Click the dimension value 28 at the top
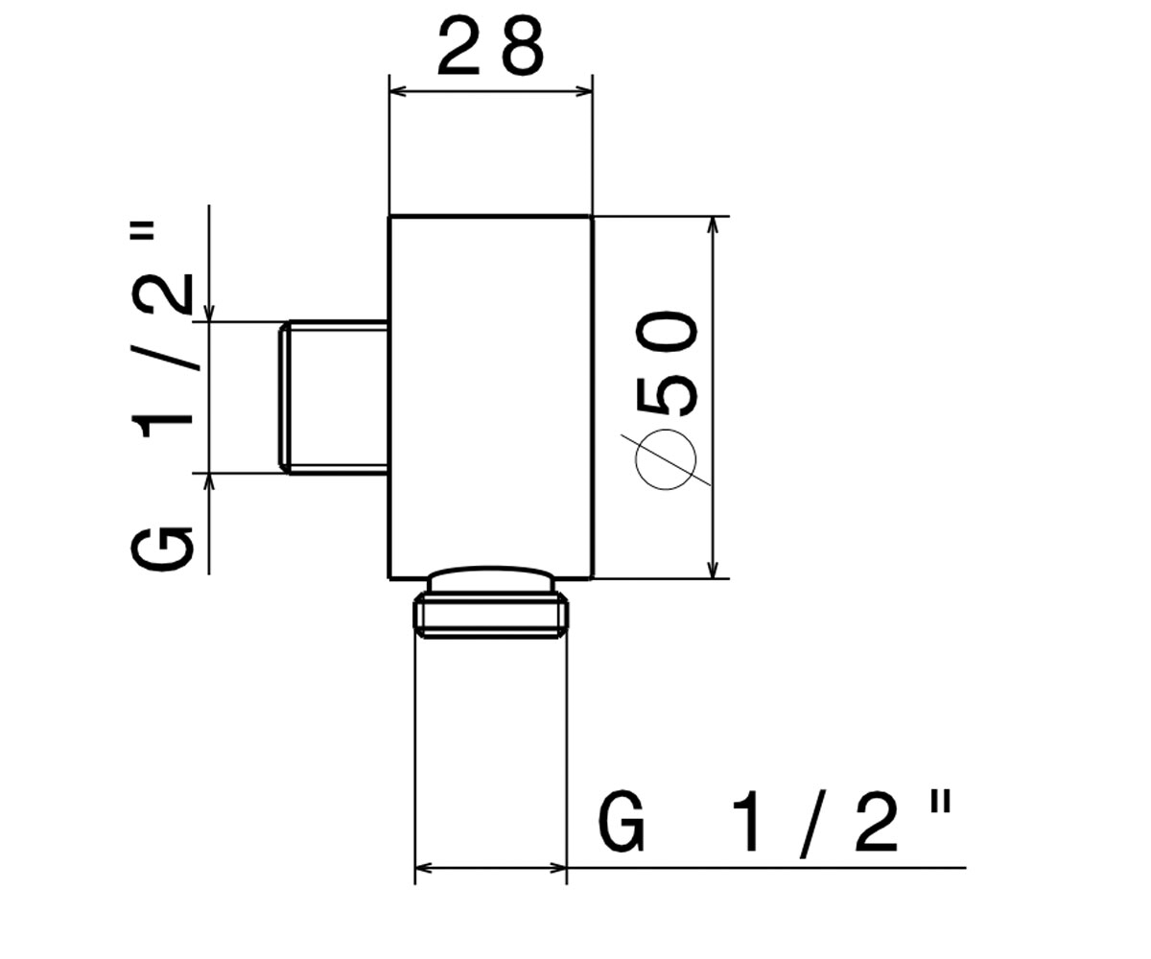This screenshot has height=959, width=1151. point(490,45)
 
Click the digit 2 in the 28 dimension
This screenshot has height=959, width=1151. point(458,45)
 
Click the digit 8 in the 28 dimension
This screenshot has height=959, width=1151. point(521,45)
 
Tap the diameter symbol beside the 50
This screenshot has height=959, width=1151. point(666,459)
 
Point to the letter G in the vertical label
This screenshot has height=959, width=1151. point(162,549)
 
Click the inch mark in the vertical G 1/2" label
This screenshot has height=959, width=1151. point(142,233)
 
